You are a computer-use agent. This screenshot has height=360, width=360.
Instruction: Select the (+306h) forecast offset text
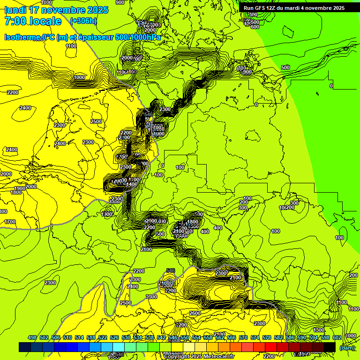(83, 21)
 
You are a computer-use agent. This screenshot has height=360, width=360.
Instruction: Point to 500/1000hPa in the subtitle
(138, 37)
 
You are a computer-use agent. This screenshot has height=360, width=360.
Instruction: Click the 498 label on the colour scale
(32, 337)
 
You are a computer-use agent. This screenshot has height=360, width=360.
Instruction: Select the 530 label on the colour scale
(126, 337)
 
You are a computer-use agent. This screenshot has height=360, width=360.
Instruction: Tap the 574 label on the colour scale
(255, 337)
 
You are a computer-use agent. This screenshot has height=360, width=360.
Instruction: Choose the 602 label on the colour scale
(337, 337)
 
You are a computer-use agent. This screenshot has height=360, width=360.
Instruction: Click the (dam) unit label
(347, 348)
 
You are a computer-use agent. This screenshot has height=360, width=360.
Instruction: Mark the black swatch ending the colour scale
(329, 347)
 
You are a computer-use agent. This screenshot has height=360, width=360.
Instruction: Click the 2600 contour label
(195, 313)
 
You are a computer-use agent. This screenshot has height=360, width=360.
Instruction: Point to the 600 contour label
(255, 27)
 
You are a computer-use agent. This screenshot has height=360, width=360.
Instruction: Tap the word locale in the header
(45, 21)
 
